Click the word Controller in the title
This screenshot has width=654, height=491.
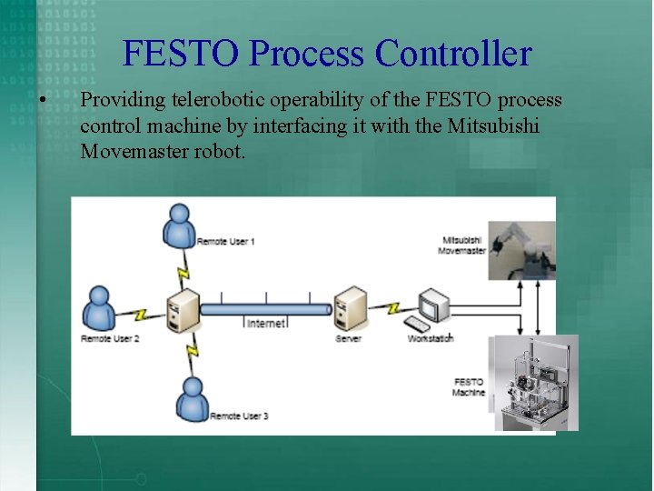tap(453, 54)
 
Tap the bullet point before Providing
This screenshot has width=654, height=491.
tap(43, 99)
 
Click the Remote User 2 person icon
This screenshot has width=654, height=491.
tap(99, 309)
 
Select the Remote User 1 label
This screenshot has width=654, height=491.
tap(226, 242)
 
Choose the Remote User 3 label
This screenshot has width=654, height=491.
tap(239, 416)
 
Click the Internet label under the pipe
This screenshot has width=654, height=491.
tap(265, 323)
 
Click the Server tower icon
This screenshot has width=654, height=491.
tap(350, 309)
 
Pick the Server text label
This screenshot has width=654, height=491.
tap(348, 339)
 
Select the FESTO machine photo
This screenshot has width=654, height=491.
tap(535, 382)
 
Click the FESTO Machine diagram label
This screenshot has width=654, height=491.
tap(469, 387)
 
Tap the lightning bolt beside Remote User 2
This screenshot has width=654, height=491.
tap(140, 315)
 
